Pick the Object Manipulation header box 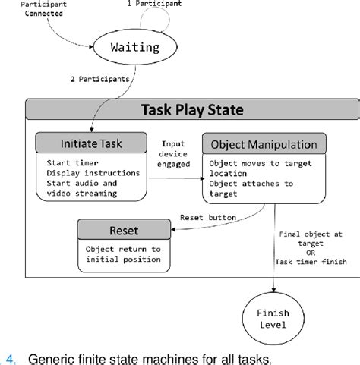[x=264, y=143]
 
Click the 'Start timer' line [x=71, y=162]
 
